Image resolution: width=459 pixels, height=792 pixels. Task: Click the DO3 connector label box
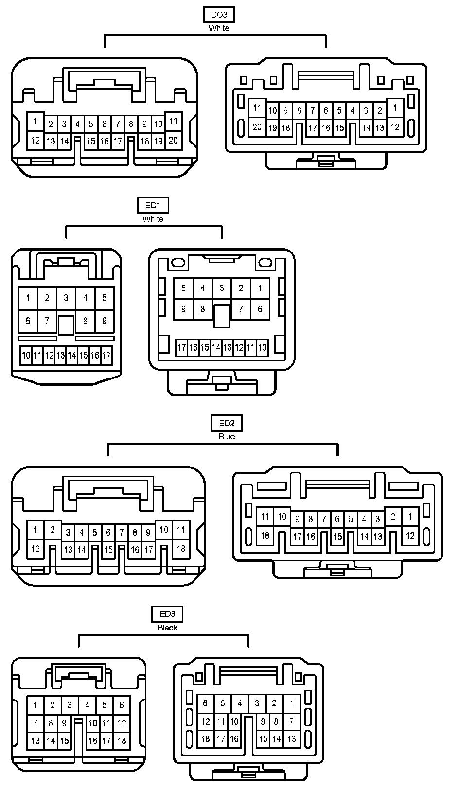[x=219, y=15]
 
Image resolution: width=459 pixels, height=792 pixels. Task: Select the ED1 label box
[x=153, y=205]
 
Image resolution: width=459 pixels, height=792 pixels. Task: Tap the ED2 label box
[x=227, y=423]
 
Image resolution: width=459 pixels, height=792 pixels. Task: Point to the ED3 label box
[x=167, y=614]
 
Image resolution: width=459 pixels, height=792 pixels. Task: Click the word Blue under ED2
[x=227, y=436]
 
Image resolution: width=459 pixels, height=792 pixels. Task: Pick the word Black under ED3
[x=167, y=628]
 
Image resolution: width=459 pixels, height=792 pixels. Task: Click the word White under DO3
[x=219, y=28]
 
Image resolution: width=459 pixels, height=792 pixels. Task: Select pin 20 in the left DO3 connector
[x=173, y=140]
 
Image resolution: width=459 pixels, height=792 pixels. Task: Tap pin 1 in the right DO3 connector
[x=395, y=108]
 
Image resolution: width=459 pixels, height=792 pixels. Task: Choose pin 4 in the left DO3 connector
[x=77, y=124]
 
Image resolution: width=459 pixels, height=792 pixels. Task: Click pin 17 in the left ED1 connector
[x=106, y=356]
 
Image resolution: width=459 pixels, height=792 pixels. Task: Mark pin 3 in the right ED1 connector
[x=222, y=288]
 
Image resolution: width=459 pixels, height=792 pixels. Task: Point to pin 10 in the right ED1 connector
[x=262, y=347]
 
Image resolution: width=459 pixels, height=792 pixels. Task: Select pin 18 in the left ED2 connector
[x=181, y=549]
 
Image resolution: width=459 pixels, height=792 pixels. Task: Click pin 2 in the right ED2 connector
[x=393, y=517]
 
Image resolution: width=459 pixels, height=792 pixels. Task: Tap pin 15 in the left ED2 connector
[x=108, y=550]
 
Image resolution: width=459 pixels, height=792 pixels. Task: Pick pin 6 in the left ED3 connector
[x=122, y=704]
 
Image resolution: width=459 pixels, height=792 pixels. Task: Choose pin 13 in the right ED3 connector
[x=291, y=738]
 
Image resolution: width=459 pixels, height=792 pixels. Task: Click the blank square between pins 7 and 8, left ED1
[x=66, y=324]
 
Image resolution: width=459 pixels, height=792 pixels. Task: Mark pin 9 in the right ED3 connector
[x=263, y=722]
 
